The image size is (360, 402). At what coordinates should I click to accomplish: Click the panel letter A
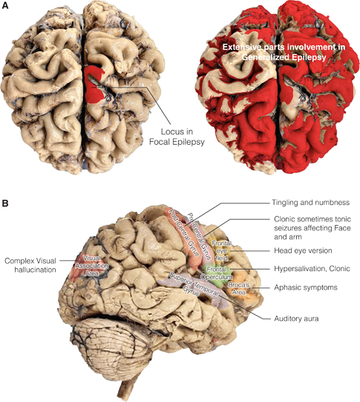[x=6, y=5]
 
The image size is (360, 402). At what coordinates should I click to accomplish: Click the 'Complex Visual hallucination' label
[x=33, y=266]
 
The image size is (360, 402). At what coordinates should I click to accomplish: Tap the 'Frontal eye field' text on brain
[x=220, y=248]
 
